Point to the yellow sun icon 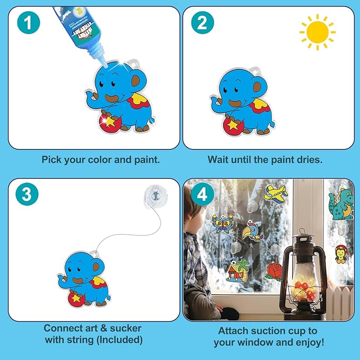coord(317,32)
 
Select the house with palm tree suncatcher coord(238,270)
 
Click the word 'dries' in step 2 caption coord(310,160)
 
